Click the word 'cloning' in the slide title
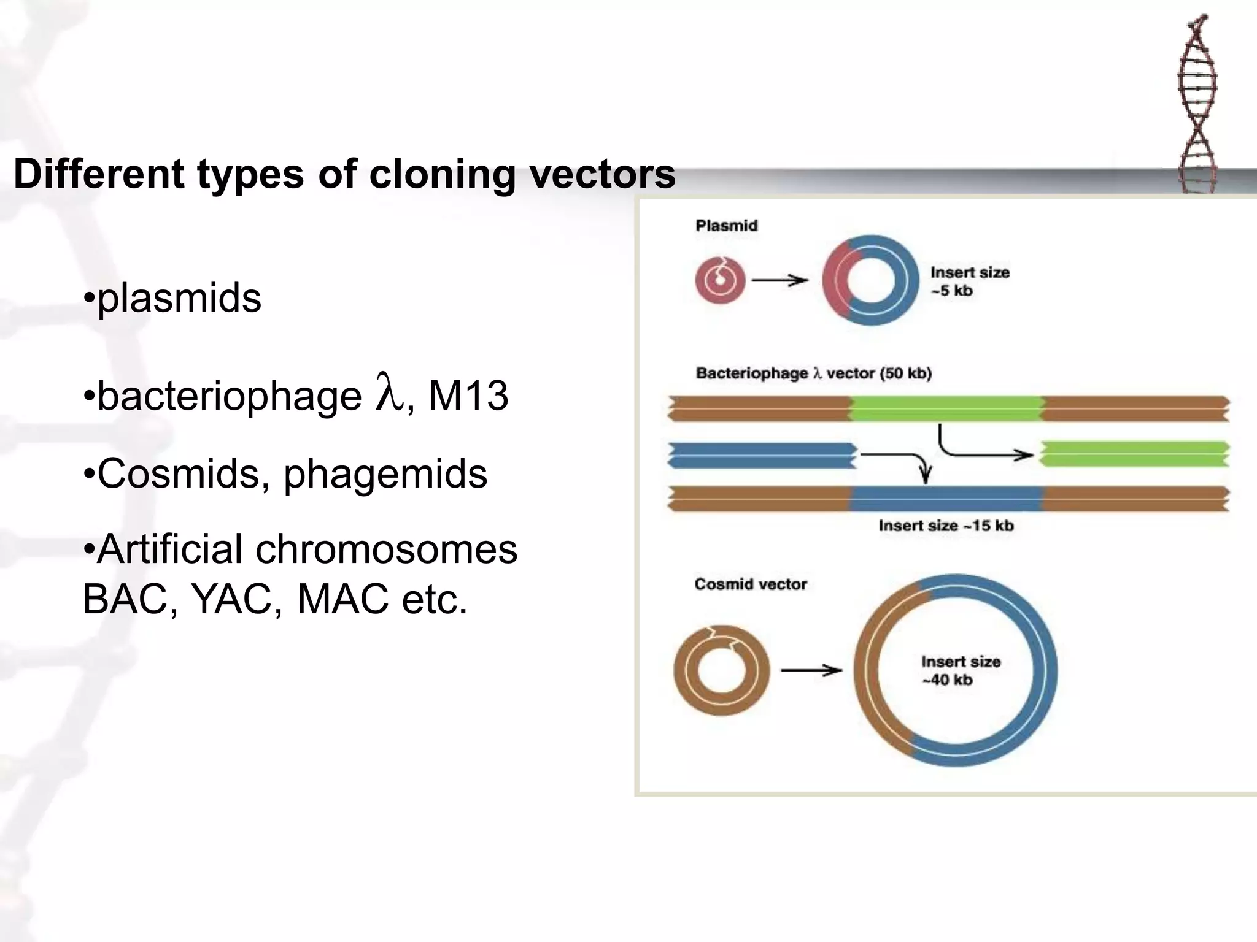pyautogui.click(x=442, y=175)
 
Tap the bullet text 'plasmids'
pyautogui.click(x=179, y=299)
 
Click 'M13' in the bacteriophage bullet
pyautogui.click(x=468, y=396)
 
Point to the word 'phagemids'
pyautogui.click(x=385, y=474)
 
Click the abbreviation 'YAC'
pyautogui.click(x=231, y=599)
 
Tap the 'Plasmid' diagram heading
pyautogui.click(x=727, y=226)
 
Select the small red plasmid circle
pyautogui.click(x=720, y=280)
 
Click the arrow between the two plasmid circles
pyautogui.click(x=779, y=281)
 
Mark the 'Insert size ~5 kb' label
pyautogui.click(x=969, y=281)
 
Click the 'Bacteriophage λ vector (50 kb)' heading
pyautogui.click(x=813, y=373)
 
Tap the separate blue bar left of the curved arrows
pyautogui.click(x=762, y=455)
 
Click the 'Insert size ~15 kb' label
pyautogui.click(x=946, y=526)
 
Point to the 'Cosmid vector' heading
pyautogui.click(x=750, y=584)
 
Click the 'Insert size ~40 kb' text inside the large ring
pyautogui.click(x=960, y=670)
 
